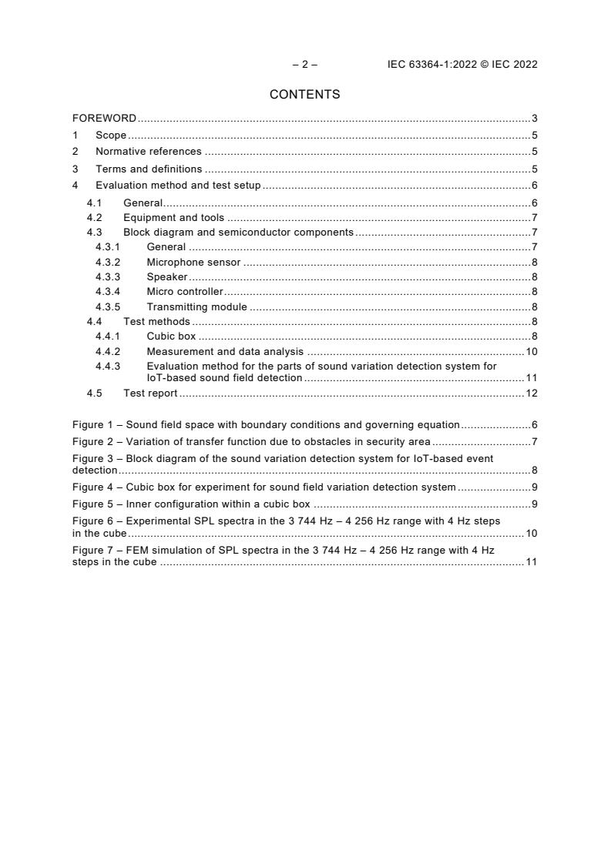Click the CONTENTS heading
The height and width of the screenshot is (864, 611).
point(304,95)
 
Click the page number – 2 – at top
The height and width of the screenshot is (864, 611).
point(304,65)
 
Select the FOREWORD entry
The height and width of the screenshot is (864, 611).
point(104,119)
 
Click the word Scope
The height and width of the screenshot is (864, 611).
point(111,136)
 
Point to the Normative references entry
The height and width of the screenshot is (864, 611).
point(148,152)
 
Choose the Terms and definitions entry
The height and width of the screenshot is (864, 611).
point(149,169)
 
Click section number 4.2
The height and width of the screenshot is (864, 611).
point(94,218)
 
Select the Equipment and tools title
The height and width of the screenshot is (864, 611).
point(173,218)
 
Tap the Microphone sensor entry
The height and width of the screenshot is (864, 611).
point(193,263)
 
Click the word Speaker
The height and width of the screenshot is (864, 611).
point(167,277)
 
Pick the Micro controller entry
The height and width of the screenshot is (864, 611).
point(185,292)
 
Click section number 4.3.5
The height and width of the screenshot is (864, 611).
point(108,307)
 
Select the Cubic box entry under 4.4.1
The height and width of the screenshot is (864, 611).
point(171,337)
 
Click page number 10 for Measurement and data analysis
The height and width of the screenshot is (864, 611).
point(531,352)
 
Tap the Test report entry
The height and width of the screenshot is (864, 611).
point(150,393)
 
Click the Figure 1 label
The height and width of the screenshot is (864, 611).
point(96,424)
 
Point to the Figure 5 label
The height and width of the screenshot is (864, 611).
point(96,504)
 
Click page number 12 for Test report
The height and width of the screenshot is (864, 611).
point(531,393)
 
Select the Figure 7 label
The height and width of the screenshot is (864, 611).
point(96,551)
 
